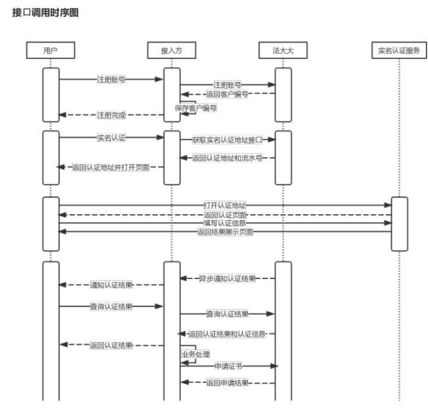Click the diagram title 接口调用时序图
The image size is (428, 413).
point(45,12)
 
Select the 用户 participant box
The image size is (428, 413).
point(51,51)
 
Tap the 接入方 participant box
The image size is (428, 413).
point(171,51)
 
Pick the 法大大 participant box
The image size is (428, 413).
point(284,51)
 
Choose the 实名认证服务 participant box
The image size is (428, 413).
point(399,51)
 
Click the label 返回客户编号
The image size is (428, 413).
point(226,94)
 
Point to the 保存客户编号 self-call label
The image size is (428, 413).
point(195,108)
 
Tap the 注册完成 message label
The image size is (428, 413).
point(111,115)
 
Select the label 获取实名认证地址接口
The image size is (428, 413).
point(227,140)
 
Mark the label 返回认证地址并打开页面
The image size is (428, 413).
point(110,168)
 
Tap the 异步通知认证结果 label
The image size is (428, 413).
point(227,278)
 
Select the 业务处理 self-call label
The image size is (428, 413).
point(195,353)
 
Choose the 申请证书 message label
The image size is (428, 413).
point(228,366)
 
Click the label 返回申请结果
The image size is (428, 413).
point(227,383)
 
